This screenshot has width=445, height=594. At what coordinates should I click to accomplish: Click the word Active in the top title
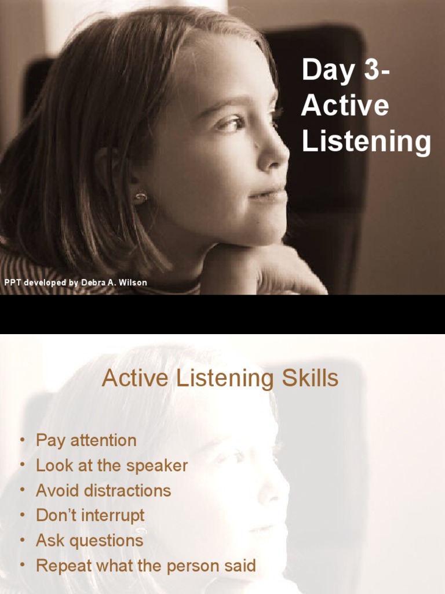pyautogui.click(x=345, y=106)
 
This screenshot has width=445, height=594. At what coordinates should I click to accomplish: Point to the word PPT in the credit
pyautogui.click(x=13, y=282)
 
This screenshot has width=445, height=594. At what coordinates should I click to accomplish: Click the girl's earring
pyautogui.click(x=140, y=197)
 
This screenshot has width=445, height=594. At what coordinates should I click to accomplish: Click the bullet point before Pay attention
pyautogui.click(x=22, y=440)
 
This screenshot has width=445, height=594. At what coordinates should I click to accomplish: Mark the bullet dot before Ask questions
pyautogui.click(x=22, y=541)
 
